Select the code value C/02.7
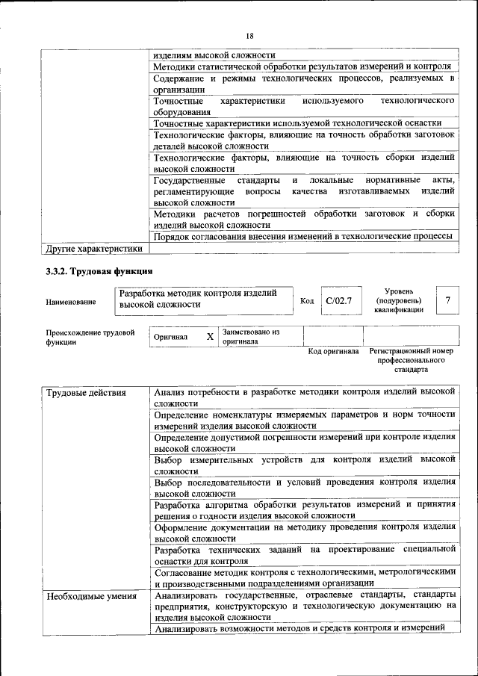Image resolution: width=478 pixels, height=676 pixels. pyautogui.click(x=338, y=300)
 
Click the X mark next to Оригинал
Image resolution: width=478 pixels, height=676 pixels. pyautogui.click(x=210, y=337)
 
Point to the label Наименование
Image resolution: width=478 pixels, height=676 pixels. pyautogui.click(x=71, y=301)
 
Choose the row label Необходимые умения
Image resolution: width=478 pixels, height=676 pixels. pyautogui.click(x=91, y=596)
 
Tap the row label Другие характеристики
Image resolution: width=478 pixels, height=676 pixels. pyautogui.click(x=93, y=249)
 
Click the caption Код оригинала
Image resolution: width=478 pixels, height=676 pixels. pyautogui.click(x=333, y=351)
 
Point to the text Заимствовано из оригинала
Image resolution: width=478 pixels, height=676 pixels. pyautogui.click(x=250, y=336)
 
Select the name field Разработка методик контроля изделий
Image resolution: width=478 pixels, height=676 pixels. pyautogui.click(x=203, y=299)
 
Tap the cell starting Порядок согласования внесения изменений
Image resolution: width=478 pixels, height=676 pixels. pyautogui.click(x=302, y=237)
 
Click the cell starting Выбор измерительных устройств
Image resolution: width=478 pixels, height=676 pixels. pyautogui.click(x=304, y=465)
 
